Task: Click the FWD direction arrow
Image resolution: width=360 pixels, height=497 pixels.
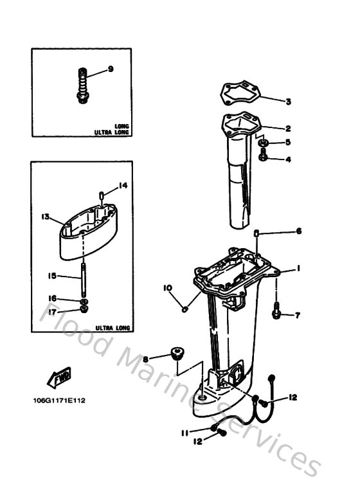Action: click(x=59, y=376)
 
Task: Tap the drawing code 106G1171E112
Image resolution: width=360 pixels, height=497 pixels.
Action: click(x=59, y=401)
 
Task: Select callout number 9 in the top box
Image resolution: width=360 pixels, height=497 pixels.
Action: click(x=110, y=69)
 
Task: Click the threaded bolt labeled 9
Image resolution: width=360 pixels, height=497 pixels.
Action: click(x=82, y=87)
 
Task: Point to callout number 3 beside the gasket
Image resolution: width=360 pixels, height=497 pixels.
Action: click(x=289, y=102)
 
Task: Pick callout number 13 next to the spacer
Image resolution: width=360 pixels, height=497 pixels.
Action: click(x=46, y=217)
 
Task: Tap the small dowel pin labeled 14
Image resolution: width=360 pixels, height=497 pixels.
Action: click(x=102, y=195)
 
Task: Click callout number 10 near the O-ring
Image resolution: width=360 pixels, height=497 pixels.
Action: click(x=166, y=288)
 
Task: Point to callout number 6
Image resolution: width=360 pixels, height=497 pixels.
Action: click(x=298, y=231)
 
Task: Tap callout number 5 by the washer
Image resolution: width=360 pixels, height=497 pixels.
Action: click(x=288, y=143)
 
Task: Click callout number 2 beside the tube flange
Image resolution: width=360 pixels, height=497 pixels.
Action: click(x=289, y=129)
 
